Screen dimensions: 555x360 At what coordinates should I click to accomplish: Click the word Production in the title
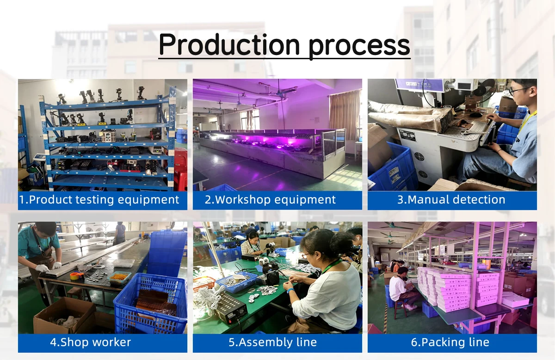(229, 45)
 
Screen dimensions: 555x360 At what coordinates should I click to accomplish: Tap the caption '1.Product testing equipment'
(99, 200)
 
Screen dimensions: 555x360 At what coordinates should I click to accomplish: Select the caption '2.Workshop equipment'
(270, 199)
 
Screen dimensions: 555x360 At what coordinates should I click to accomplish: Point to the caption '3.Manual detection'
(451, 199)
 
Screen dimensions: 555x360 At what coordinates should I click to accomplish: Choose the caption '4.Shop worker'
(91, 342)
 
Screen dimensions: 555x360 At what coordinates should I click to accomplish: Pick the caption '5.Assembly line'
(272, 342)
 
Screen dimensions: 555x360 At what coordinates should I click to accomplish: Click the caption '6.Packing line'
(450, 342)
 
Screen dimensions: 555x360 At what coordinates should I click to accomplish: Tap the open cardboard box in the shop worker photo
(65, 315)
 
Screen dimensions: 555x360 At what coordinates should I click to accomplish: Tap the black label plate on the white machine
(407, 136)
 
